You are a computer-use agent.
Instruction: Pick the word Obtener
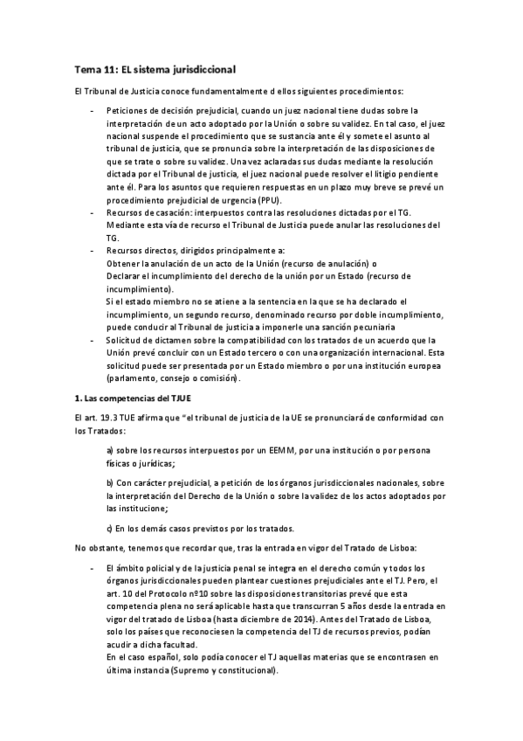[x=122, y=263]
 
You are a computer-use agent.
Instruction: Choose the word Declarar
[x=123, y=276]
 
